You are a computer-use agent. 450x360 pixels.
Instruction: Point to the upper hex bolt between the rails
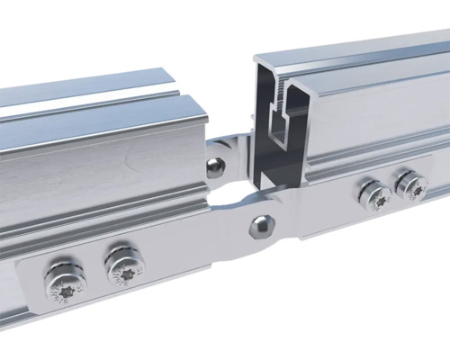click(x=214, y=166)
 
